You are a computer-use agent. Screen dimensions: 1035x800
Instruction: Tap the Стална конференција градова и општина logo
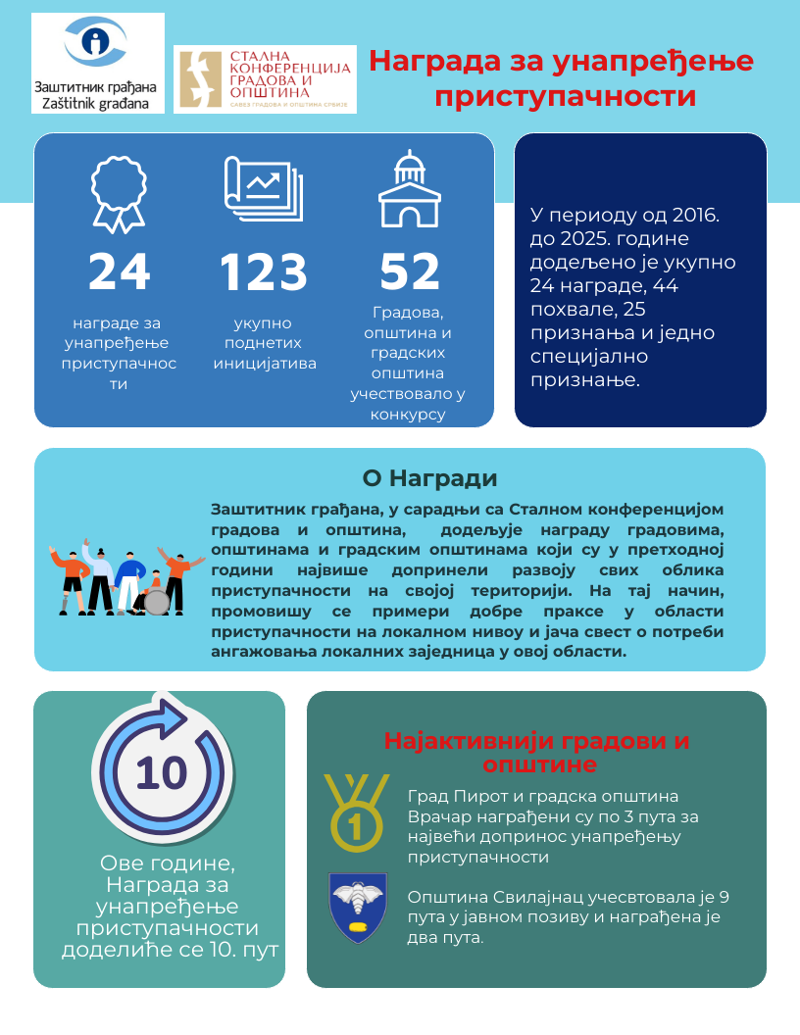265,79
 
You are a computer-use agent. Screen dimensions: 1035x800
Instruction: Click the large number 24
119,272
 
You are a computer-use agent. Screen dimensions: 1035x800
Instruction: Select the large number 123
263,272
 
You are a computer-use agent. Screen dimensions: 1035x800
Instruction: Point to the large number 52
410,272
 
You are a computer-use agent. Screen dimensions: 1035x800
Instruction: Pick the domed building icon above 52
410,190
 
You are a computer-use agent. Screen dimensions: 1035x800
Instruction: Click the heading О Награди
429,478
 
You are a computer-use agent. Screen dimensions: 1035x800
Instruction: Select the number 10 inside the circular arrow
161,773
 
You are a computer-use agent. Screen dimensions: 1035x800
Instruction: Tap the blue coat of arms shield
357,907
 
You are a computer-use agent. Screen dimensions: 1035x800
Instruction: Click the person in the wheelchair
155,594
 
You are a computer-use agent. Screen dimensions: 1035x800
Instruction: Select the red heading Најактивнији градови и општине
536,752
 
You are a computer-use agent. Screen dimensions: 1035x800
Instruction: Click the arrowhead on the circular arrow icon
174,718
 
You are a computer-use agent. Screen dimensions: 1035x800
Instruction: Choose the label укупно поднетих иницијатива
263,343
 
